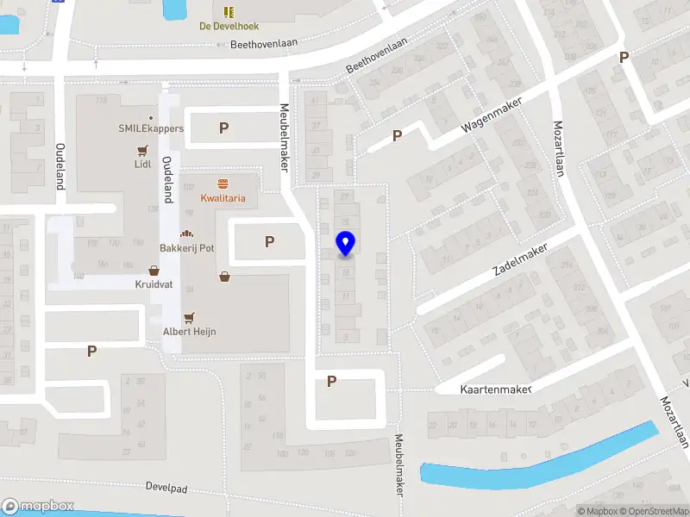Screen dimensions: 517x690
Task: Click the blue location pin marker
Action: coord(345,244)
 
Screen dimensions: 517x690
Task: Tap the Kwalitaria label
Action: coord(223,198)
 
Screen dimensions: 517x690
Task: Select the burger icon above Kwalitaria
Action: coord(223,183)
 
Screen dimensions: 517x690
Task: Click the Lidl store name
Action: coord(143,163)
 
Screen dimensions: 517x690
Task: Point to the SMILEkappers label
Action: coord(151,128)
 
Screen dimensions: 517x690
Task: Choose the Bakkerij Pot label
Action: coord(186,248)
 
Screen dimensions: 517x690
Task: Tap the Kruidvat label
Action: coord(153,283)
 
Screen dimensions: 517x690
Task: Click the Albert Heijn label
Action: coord(190,331)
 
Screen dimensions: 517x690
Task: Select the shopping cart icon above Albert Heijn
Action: coord(190,316)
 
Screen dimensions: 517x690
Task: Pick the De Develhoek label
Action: coord(229,26)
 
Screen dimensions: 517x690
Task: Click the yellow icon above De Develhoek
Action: coord(229,11)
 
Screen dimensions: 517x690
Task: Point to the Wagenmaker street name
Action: coord(492,113)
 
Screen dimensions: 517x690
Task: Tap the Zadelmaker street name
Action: coord(520,259)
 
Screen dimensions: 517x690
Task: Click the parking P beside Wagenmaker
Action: coord(398,135)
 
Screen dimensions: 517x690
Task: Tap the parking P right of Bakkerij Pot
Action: coord(270,242)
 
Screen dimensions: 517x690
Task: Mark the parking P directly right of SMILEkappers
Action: coord(224,128)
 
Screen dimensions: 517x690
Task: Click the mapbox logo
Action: coord(37,507)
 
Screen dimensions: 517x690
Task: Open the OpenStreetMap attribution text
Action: coord(655,511)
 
